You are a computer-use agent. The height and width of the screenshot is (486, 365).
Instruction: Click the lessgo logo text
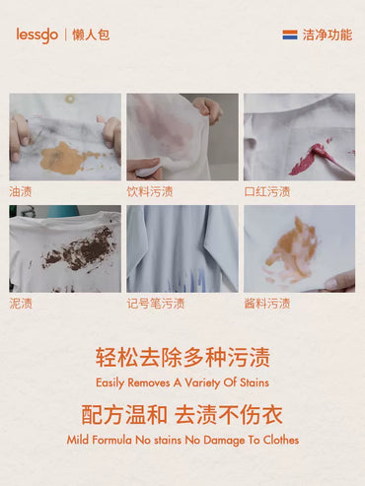37,35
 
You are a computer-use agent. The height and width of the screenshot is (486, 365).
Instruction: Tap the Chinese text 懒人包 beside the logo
91,35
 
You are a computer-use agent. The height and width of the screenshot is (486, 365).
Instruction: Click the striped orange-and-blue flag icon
290,35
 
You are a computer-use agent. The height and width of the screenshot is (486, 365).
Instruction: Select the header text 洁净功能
328,35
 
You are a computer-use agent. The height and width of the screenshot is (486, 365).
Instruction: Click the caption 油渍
21,191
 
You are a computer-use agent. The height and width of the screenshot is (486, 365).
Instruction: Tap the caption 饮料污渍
150,191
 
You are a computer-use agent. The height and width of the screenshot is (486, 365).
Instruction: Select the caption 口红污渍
267,191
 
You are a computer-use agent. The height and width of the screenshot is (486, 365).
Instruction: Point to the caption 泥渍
21,304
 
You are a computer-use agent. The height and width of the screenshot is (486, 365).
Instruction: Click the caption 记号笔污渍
156,304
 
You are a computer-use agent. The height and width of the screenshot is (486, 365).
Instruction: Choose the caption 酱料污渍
267,304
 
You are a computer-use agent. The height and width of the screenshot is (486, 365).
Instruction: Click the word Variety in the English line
202,382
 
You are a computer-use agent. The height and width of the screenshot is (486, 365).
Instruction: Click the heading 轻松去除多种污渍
182,357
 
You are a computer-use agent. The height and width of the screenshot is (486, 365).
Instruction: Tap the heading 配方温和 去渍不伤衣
182,415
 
